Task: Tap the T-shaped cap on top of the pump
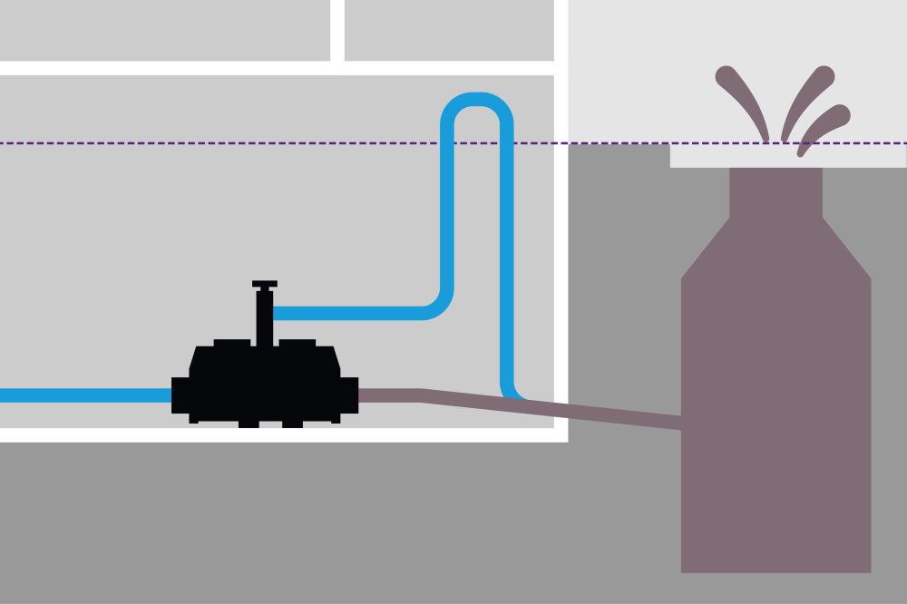click(264, 285)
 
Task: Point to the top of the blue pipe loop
click(477, 99)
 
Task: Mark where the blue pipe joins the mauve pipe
click(515, 395)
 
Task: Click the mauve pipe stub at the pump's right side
click(390, 395)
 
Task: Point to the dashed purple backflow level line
click(272, 143)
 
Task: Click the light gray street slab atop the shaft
click(871, 157)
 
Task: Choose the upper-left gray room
click(163, 30)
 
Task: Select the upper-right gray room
click(449, 30)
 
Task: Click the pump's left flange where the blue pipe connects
click(180, 395)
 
